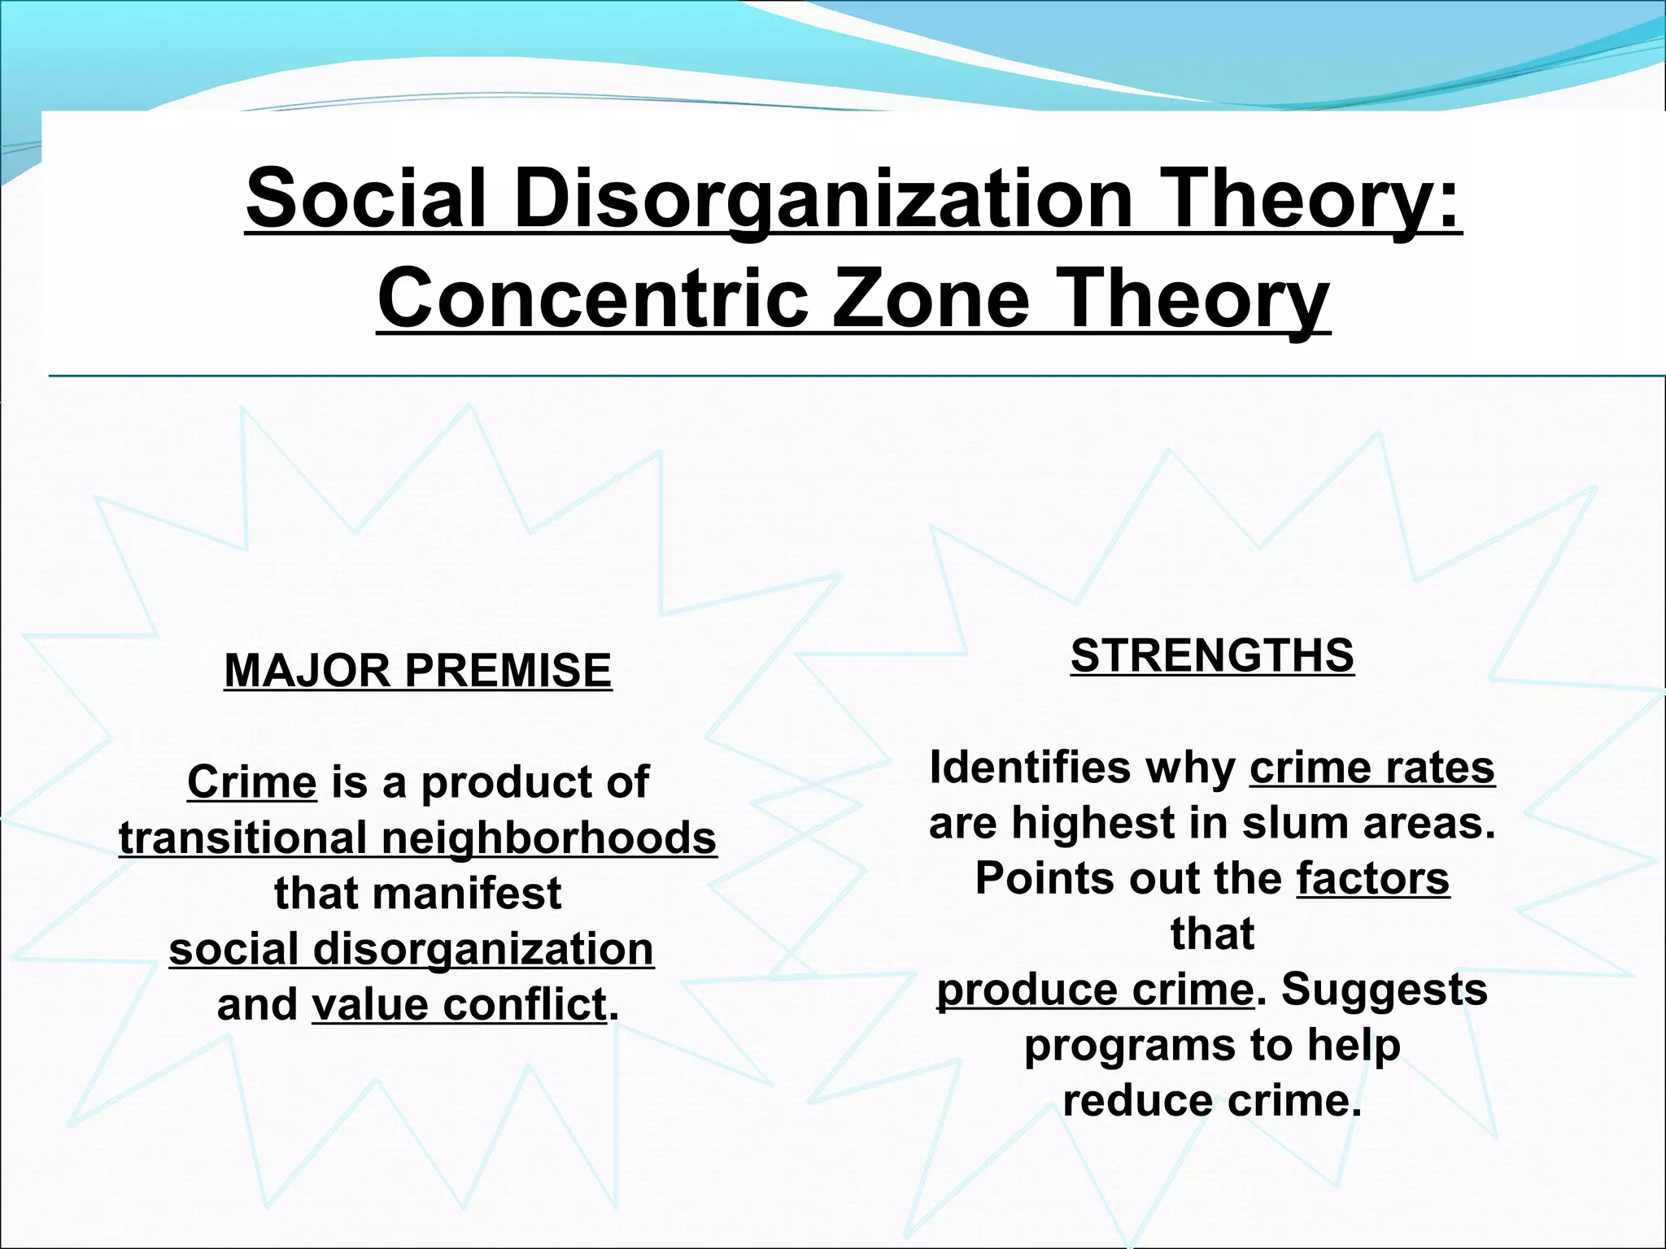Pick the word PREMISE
coord(508,671)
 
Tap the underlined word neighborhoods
coord(549,838)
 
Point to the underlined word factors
coord(1373,878)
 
